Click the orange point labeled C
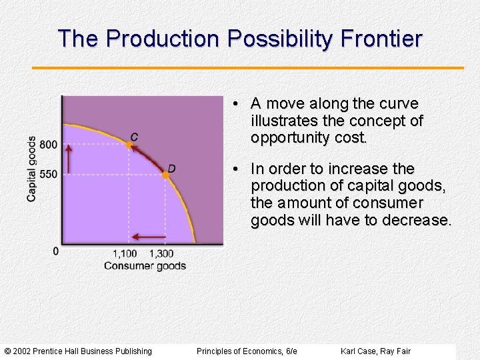pyautogui.click(x=130, y=144)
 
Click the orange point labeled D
pyautogui.click(x=165, y=175)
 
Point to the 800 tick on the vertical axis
pyautogui.click(x=48, y=145)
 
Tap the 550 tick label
pyautogui.click(x=48, y=174)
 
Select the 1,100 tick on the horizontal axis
pyautogui.click(x=125, y=253)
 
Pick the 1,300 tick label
pyautogui.click(x=161, y=253)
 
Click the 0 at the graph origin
pyautogui.click(x=55, y=251)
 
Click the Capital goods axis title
pyautogui.click(x=31, y=169)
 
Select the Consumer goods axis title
pyautogui.click(x=145, y=266)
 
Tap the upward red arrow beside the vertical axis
pyautogui.click(x=68, y=158)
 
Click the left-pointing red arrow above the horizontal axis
pyautogui.click(x=148, y=236)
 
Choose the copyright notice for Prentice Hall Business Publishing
pyautogui.click(x=78, y=351)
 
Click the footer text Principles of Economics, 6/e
pyautogui.click(x=247, y=351)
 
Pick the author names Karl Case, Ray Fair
pyautogui.click(x=375, y=351)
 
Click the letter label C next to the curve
pyautogui.click(x=135, y=137)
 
